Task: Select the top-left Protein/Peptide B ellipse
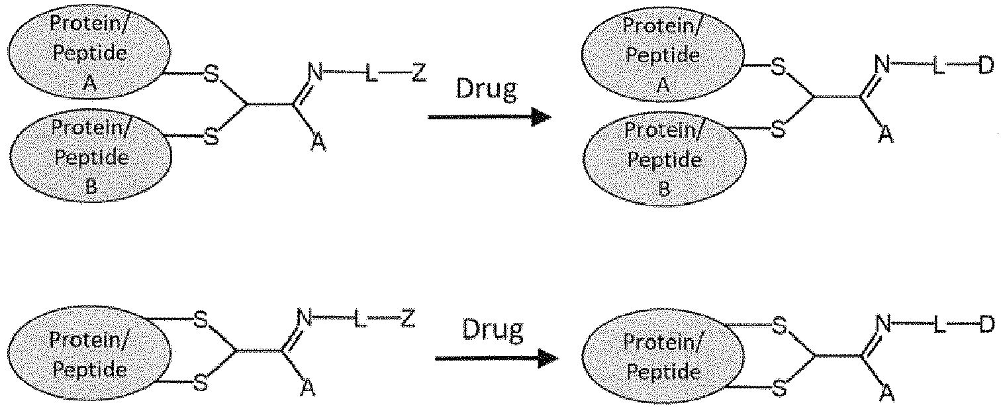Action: [x=91, y=156]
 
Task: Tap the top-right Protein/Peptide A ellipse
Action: [x=663, y=54]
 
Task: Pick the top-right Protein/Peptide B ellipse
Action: [x=665, y=159]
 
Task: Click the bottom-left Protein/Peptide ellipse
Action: [x=89, y=354]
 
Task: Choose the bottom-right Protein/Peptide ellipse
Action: [x=663, y=357]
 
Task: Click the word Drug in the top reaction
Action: [x=486, y=89]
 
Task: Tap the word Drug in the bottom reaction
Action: [x=493, y=330]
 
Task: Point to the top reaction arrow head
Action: [x=542, y=117]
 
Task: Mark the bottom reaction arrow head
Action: [x=548, y=358]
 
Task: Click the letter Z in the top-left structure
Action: [x=418, y=72]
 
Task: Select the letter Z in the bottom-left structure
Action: [x=407, y=318]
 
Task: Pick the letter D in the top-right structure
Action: [x=986, y=66]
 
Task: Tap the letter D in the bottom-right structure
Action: [x=987, y=325]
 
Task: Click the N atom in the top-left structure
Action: [x=315, y=72]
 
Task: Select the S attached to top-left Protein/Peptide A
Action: [x=212, y=74]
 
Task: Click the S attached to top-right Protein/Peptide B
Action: [x=778, y=129]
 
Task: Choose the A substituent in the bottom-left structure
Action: [x=307, y=387]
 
